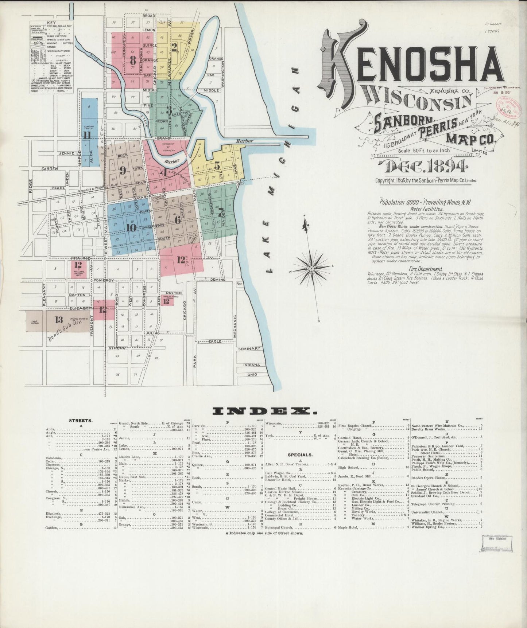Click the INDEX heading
click(x=264, y=411)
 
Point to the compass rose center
click(x=312, y=269)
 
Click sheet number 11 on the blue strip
click(x=87, y=135)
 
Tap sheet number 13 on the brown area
click(x=59, y=320)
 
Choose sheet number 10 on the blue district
click(x=131, y=227)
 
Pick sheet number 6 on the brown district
click(x=178, y=220)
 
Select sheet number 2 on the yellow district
click(x=174, y=46)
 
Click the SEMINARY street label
click(x=249, y=348)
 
